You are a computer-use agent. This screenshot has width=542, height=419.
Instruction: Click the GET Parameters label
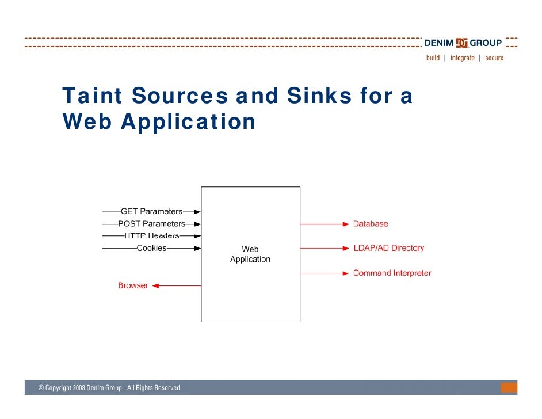tap(151, 211)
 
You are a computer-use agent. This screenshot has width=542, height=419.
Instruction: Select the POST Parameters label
tap(151, 223)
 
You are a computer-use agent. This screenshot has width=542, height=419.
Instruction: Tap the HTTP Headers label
tap(151, 235)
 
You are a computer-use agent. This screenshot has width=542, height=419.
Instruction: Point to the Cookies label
tap(151, 248)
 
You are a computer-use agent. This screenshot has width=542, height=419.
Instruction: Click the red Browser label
tap(133, 285)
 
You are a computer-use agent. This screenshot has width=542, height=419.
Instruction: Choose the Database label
tap(371, 223)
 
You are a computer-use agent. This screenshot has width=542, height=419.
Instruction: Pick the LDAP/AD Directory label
tap(388, 248)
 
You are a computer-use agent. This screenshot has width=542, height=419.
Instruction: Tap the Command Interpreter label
tap(392, 273)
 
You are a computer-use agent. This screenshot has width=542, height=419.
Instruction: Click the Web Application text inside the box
tap(250, 254)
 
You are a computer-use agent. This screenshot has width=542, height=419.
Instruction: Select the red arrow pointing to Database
tap(325, 223)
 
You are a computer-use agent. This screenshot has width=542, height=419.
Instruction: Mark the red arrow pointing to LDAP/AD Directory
tap(325, 248)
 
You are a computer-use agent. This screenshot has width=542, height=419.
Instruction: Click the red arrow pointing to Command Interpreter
tap(325, 273)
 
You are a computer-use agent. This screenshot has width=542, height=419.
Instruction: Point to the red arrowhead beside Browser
tap(156, 285)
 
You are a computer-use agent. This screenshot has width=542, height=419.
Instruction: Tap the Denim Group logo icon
tap(462, 43)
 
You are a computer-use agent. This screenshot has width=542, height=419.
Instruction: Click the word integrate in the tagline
tap(463, 58)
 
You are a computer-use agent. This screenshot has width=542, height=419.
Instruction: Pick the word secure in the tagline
tap(494, 58)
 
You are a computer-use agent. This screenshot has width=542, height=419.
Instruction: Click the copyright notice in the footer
tap(109, 388)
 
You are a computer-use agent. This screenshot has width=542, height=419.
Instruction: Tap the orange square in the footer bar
tap(509, 387)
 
